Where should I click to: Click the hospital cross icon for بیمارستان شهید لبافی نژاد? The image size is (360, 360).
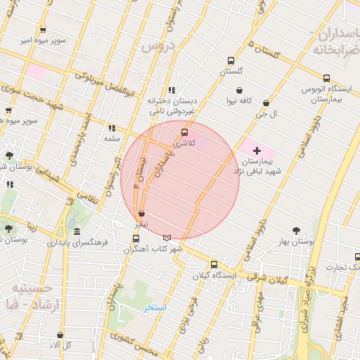(x=257, y=150)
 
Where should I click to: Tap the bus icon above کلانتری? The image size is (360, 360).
(x=185, y=132)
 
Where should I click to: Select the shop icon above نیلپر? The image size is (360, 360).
(x=142, y=212)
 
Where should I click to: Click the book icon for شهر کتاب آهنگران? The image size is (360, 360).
(x=167, y=238)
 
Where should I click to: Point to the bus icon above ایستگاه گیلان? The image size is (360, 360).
(x=214, y=264)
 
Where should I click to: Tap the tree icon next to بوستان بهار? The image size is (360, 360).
(x=296, y=230)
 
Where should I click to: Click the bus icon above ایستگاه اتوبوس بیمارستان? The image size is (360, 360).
(x=326, y=78)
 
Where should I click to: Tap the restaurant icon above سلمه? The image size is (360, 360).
(x=111, y=128)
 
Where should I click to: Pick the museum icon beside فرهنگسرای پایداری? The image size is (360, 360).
(x=77, y=232)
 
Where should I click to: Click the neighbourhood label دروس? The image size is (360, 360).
(x=157, y=46)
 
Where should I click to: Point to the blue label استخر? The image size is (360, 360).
(x=155, y=307)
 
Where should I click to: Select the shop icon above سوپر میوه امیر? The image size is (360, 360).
(x=43, y=30)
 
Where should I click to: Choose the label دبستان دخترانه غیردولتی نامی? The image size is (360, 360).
(x=171, y=105)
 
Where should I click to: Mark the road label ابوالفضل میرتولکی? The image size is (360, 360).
(x=105, y=84)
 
